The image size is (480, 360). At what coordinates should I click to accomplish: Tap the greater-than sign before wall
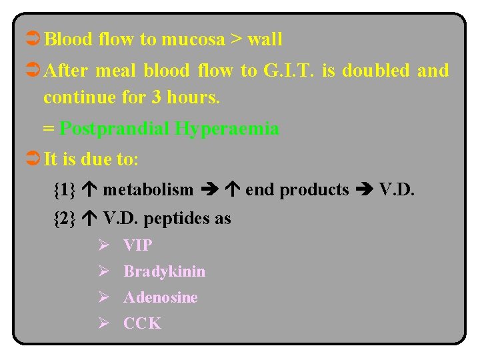pos(237,39)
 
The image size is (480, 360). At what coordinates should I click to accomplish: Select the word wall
pos(265,39)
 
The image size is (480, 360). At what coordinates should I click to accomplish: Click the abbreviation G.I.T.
pos(281,71)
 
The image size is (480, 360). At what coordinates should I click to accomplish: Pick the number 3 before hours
pos(156,97)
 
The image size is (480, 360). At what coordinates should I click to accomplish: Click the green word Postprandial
pos(115,128)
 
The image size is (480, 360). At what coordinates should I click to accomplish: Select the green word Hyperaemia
pos(227,128)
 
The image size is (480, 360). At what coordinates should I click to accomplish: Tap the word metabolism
pos(148,190)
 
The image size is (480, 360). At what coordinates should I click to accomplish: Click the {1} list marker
pos(64,190)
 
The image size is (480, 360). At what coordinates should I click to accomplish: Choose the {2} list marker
pos(64,218)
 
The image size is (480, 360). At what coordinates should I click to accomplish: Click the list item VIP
pos(138,245)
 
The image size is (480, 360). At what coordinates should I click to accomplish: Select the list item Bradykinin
pos(165,271)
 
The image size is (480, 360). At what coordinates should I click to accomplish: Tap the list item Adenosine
pos(161,297)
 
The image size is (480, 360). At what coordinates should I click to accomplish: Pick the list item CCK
pos(142,323)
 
